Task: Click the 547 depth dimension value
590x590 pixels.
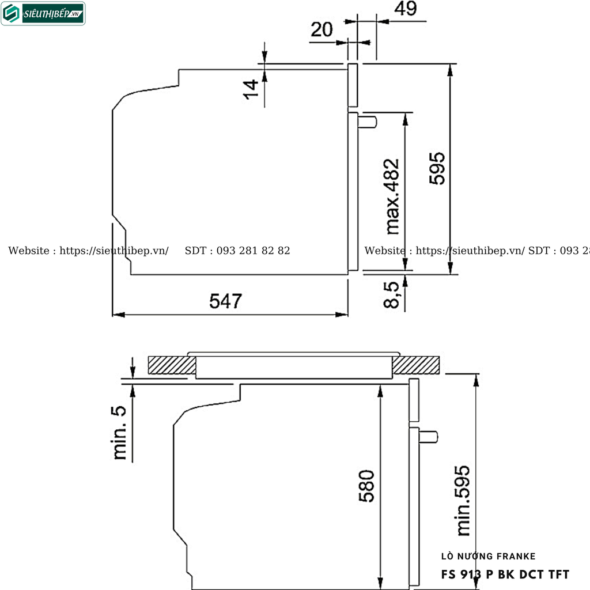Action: pyautogui.click(x=226, y=301)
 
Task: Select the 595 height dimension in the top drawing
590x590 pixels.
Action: pyautogui.click(x=437, y=168)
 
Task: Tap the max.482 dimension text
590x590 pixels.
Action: pyautogui.click(x=392, y=196)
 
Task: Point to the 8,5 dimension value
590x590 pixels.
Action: pyautogui.click(x=392, y=294)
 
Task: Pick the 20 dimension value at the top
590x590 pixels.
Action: pyautogui.click(x=322, y=29)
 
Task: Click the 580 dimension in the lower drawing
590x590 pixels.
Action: pyautogui.click(x=366, y=486)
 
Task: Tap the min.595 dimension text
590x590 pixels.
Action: pyautogui.click(x=462, y=500)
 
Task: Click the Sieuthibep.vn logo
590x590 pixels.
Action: pyautogui.click(x=43, y=14)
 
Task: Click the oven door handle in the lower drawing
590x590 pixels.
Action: pyautogui.click(x=429, y=437)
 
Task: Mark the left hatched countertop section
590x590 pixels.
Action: pyautogui.click(x=172, y=365)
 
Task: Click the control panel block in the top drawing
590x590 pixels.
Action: pyautogui.click(x=353, y=85)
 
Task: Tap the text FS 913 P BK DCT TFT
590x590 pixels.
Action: pyautogui.click(x=505, y=574)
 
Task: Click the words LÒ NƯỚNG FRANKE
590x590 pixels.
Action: pyautogui.click(x=488, y=557)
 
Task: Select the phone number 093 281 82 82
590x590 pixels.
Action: pyautogui.click(x=253, y=251)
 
